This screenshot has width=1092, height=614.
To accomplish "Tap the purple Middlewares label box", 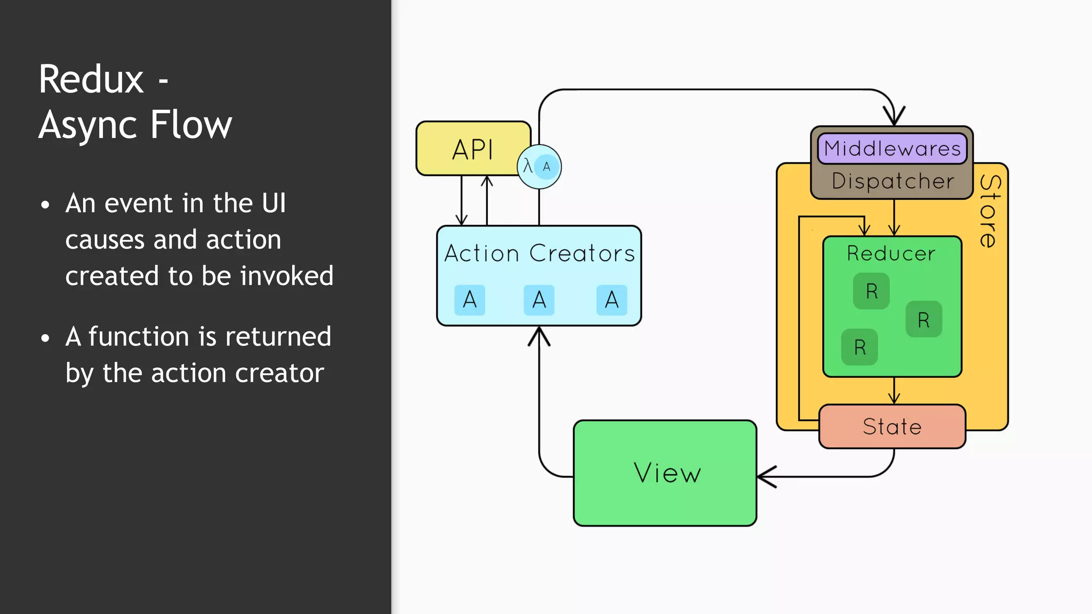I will (892, 148).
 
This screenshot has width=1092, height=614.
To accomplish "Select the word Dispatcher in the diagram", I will (893, 181).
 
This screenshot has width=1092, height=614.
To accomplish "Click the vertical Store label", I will (990, 211).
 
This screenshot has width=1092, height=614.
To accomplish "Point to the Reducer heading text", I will (891, 253).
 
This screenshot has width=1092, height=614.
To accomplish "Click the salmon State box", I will (892, 426).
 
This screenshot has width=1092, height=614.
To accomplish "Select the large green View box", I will (665, 473).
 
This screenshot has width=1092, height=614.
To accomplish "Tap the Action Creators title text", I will (539, 253).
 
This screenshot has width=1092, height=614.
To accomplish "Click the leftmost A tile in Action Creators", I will (470, 300).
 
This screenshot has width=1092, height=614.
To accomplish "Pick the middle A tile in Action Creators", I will (539, 300).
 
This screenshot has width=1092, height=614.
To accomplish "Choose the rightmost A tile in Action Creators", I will (612, 300).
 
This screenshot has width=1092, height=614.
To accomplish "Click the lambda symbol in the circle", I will (527, 166).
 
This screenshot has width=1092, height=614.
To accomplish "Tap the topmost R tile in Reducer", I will (871, 291).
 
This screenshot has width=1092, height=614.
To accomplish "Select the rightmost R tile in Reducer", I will (924, 319).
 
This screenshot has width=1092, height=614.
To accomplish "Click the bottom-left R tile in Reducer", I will (860, 348).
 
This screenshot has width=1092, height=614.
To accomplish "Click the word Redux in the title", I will (91, 79).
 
